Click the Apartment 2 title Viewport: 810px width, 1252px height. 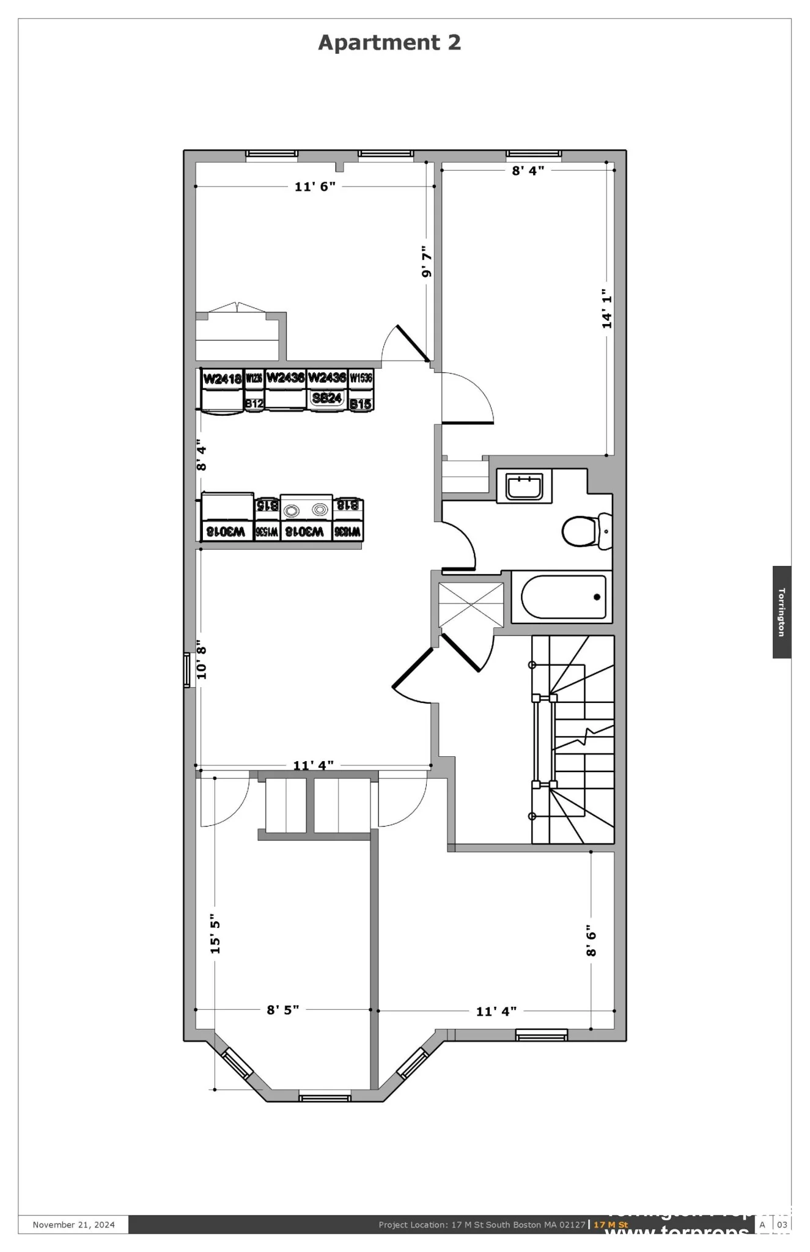(x=389, y=43)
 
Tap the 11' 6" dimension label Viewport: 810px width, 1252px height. (x=315, y=187)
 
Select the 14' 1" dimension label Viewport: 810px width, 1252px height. (x=606, y=309)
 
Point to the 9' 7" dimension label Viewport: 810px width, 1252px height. (x=427, y=262)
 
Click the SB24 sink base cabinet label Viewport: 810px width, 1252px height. (x=326, y=399)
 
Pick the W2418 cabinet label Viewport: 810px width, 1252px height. (x=222, y=379)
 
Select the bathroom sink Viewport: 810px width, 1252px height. (x=525, y=487)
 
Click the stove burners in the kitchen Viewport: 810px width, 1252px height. (x=306, y=510)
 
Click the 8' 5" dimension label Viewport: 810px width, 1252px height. (x=282, y=1009)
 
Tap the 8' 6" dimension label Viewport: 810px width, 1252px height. (x=591, y=940)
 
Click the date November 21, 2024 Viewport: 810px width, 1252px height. (x=73, y=1224)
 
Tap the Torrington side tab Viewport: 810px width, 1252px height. (x=781, y=612)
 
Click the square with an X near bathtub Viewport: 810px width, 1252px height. (x=471, y=605)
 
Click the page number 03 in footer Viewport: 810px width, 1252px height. (x=782, y=1224)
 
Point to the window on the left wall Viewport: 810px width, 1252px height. (x=187, y=671)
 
